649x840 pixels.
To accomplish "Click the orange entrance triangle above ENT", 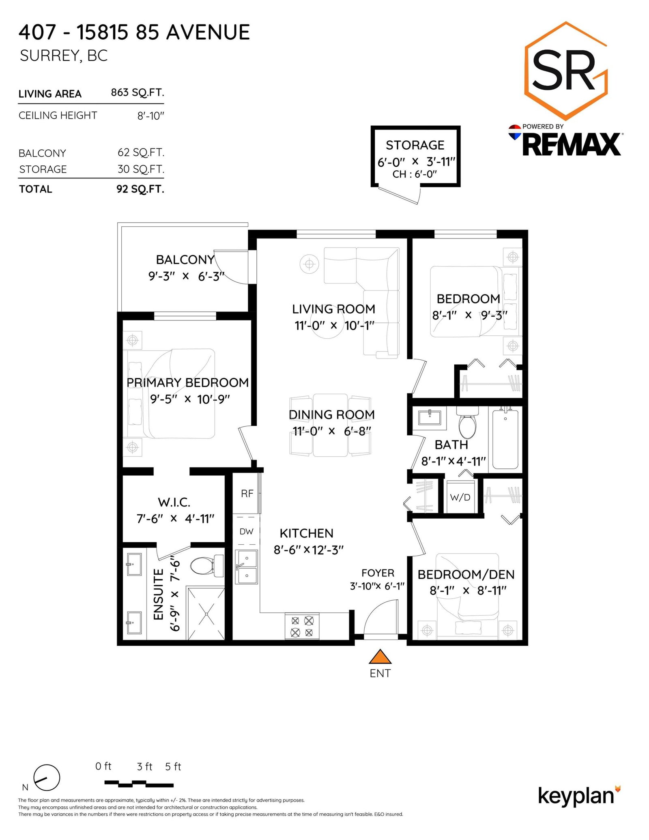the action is tap(380, 657).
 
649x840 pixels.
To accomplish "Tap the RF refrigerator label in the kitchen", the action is tap(247, 494).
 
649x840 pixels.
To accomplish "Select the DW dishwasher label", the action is tap(246, 531).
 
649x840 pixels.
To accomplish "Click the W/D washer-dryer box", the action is tap(460, 497).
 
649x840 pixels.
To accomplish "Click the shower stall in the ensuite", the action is tap(206, 613).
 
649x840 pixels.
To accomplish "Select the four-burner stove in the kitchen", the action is tap(302, 626).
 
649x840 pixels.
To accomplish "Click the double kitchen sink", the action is tap(246, 567).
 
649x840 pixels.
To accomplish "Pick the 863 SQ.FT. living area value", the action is tap(138, 92).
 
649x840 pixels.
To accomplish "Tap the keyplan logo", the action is tap(579, 796).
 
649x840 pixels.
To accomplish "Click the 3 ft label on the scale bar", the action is tap(144, 767).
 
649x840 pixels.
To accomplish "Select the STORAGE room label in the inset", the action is tap(415, 145).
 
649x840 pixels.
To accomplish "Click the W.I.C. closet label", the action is tap(174, 503).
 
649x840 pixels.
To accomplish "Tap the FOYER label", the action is tap(378, 573).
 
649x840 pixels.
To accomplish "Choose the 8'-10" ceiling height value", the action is tap(150, 116).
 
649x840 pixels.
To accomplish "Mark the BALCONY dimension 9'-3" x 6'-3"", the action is tap(186, 276).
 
